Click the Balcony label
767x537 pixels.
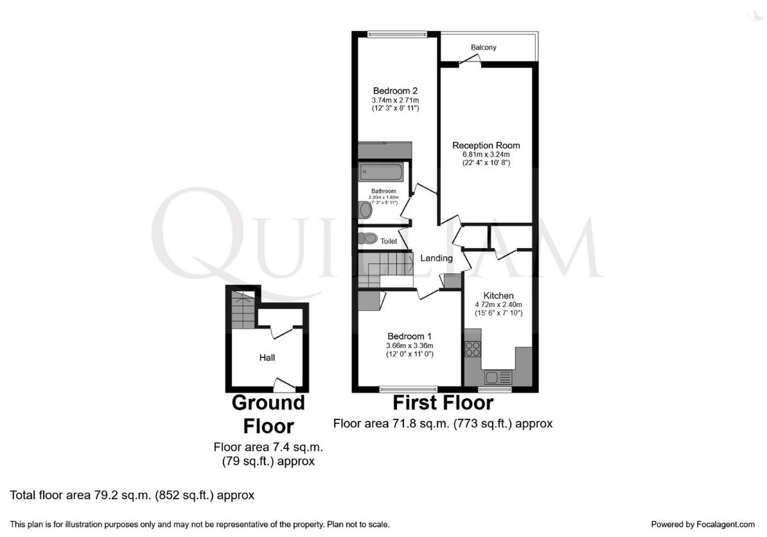tap(483, 48)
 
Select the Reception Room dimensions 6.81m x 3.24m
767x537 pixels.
tap(486, 155)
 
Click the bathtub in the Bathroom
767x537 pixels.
tap(381, 172)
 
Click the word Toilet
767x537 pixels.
tap(389, 242)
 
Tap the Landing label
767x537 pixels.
tap(436, 258)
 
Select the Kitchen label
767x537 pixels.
tap(498, 295)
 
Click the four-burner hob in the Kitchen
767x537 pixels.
tap(473, 349)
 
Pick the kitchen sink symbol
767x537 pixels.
tap(498, 377)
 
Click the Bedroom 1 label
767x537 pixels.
tap(409, 336)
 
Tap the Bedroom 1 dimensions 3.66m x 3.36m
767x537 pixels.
tap(409, 346)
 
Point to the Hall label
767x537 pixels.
tap(267, 357)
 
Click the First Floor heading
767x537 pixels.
tap(443, 403)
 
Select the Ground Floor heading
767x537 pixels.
tap(268, 414)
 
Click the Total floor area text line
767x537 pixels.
tap(132, 495)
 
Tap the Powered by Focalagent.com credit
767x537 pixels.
tap(703, 524)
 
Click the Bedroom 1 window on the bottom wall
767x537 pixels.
tap(408, 389)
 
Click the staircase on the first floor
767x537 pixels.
tap(385, 268)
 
